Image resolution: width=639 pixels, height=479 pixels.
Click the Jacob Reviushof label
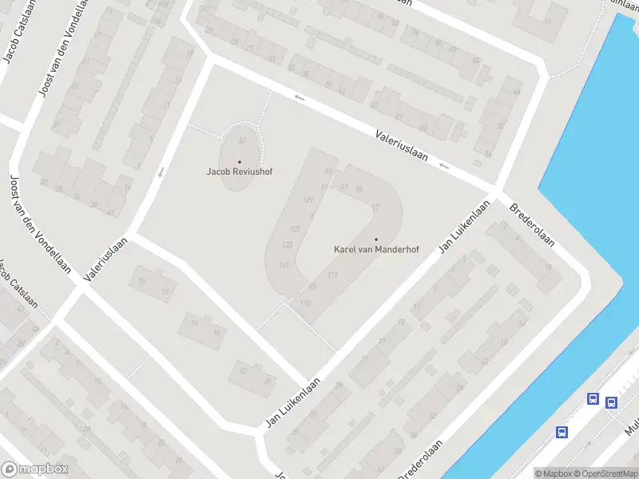tap(240, 172)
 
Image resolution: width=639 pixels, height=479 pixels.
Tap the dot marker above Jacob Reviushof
tap(240, 162)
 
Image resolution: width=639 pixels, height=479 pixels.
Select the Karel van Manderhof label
tap(376, 249)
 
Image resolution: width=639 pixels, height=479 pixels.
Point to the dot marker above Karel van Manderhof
tap(376, 239)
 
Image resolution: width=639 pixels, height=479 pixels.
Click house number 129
tap(308, 200)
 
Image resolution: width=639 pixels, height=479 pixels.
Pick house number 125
tap(296, 228)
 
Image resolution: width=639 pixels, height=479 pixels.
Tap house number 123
tap(288, 244)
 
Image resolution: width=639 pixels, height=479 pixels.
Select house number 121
tap(284, 264)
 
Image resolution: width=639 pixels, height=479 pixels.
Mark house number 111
tap(332, 275)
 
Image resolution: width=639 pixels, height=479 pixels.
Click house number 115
tap(304, 302)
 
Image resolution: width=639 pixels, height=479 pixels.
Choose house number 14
tap(193, 323)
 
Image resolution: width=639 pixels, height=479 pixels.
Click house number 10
tap(142, 281)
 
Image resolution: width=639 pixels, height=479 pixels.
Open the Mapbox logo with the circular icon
tap(35, 469)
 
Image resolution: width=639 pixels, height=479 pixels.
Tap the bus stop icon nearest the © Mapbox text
tap(562, 432)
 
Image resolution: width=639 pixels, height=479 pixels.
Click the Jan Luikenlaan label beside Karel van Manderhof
tap(463, 228)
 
